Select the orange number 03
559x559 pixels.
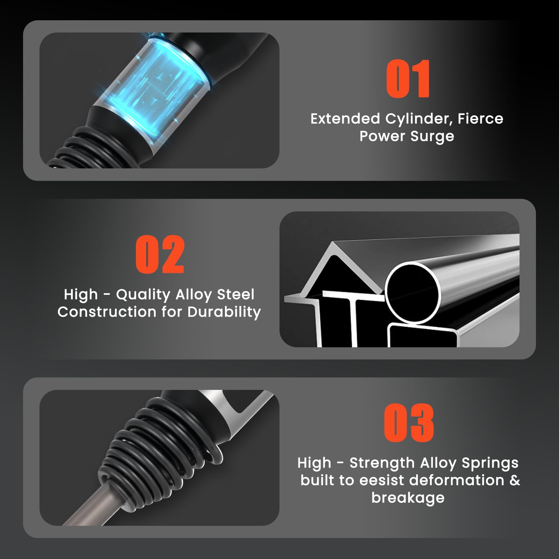click(409, 422)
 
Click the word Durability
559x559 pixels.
click(224, 312)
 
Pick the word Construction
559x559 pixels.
click(107, 312)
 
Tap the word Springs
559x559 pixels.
click(490, 463)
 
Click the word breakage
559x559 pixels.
click(408, 498)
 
